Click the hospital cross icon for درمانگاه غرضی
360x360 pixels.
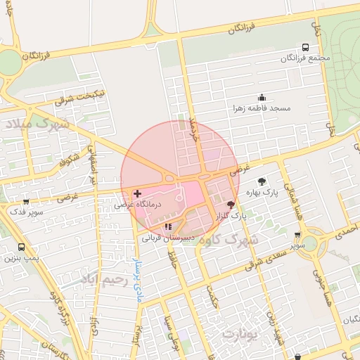[136, 193]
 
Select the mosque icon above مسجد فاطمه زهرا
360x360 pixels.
[262, 98]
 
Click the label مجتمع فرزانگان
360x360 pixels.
[303, 57]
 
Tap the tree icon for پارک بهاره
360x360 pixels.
[263, 181]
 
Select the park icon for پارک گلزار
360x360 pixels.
[231, 205]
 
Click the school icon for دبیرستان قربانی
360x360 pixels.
[167, 226]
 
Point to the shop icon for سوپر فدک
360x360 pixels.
[26, 202]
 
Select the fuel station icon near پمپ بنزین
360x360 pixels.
[21, 247]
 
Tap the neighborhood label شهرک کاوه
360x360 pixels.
[228, 241]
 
